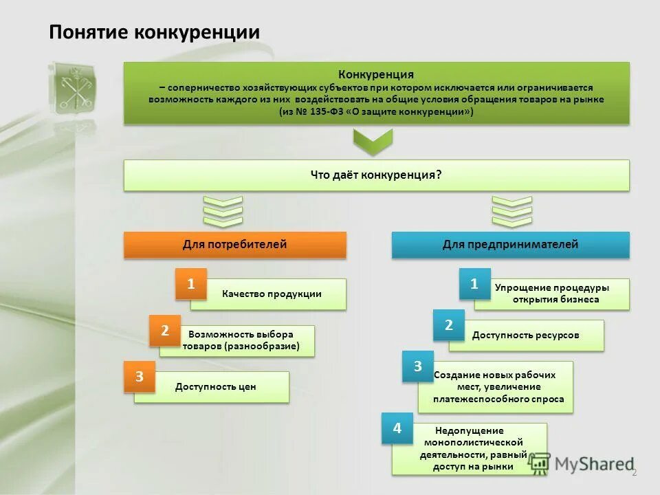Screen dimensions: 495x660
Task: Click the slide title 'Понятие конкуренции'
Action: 154,32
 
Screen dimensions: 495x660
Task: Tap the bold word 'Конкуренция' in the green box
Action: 375,74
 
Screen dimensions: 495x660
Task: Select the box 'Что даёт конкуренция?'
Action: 376,175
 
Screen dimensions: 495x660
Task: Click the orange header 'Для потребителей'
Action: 234,244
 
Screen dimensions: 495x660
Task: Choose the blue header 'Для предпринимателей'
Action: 510,244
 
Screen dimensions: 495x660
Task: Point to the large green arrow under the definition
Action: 372,142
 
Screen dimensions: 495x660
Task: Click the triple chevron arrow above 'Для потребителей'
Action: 223,211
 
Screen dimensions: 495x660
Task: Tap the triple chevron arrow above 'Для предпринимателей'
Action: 512,211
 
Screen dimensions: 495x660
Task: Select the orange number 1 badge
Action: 191,283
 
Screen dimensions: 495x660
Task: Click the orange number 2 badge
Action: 165,331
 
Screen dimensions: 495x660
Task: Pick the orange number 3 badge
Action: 139,377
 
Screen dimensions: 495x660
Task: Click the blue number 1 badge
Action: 474,283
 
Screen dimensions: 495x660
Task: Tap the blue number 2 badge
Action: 448,325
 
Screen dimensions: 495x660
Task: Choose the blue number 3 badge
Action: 417,366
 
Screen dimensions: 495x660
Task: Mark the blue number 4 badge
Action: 397,428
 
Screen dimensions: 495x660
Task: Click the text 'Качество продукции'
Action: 272,294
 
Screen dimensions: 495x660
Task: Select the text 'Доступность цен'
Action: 215,387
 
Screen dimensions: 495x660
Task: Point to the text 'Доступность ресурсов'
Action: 525,335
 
